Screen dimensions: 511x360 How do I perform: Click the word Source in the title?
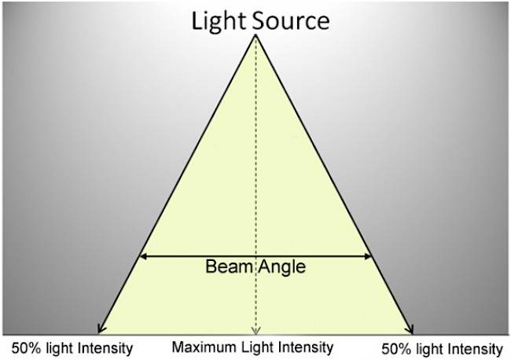coord(291,21)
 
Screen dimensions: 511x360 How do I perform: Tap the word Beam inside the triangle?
coord(229,266)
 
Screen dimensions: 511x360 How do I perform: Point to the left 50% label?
coord(27,348)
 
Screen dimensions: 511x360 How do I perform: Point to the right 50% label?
coord(396,350)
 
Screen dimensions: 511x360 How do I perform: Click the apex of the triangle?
coord(256,35)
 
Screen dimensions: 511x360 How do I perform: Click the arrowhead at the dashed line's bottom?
coord(256,332)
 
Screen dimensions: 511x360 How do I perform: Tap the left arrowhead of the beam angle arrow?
coord(143,256)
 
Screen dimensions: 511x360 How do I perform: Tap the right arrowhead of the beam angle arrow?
coord(368,256)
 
